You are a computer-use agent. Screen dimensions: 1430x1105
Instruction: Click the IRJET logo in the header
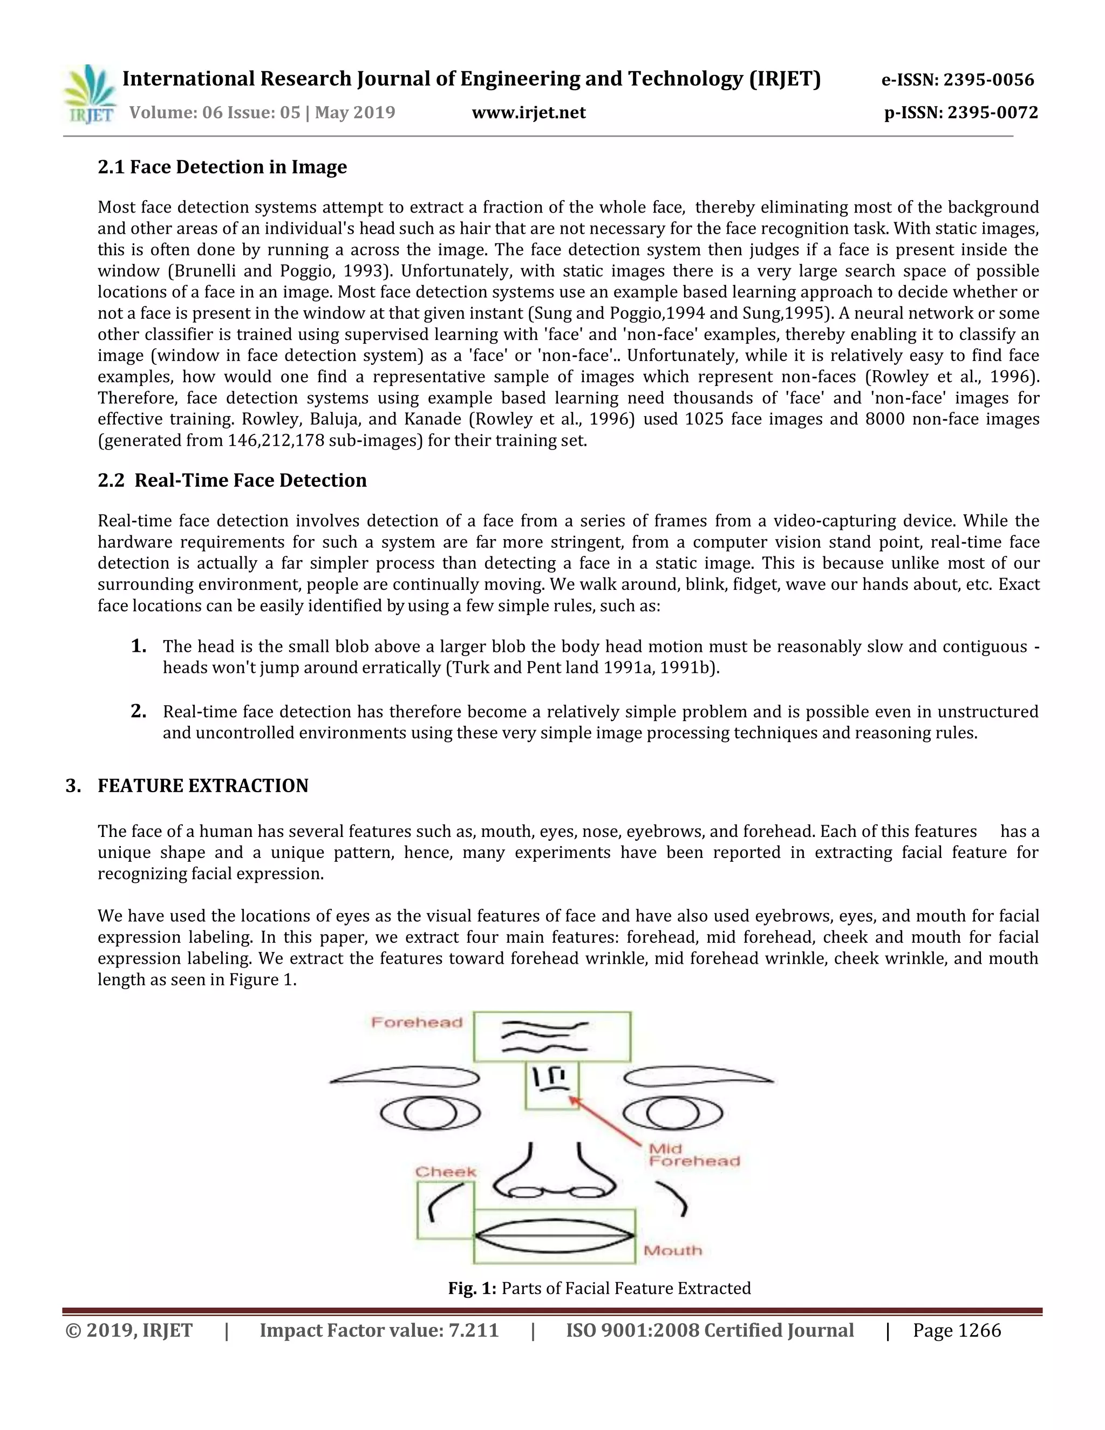pos(90,95)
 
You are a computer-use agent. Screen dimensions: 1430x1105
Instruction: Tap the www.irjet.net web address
pos(528,113)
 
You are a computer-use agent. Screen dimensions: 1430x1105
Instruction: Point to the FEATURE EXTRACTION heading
pos(202,786)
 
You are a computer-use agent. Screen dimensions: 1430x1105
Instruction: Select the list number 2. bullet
pos(138,711)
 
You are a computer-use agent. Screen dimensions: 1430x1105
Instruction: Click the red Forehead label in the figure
pos(417,1023)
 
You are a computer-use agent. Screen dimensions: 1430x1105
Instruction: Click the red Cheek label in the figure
pos(446,1172)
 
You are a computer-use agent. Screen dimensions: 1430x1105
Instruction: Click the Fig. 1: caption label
pos(472,1289)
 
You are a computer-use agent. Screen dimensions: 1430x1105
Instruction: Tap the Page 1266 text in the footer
pos(957,1331)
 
